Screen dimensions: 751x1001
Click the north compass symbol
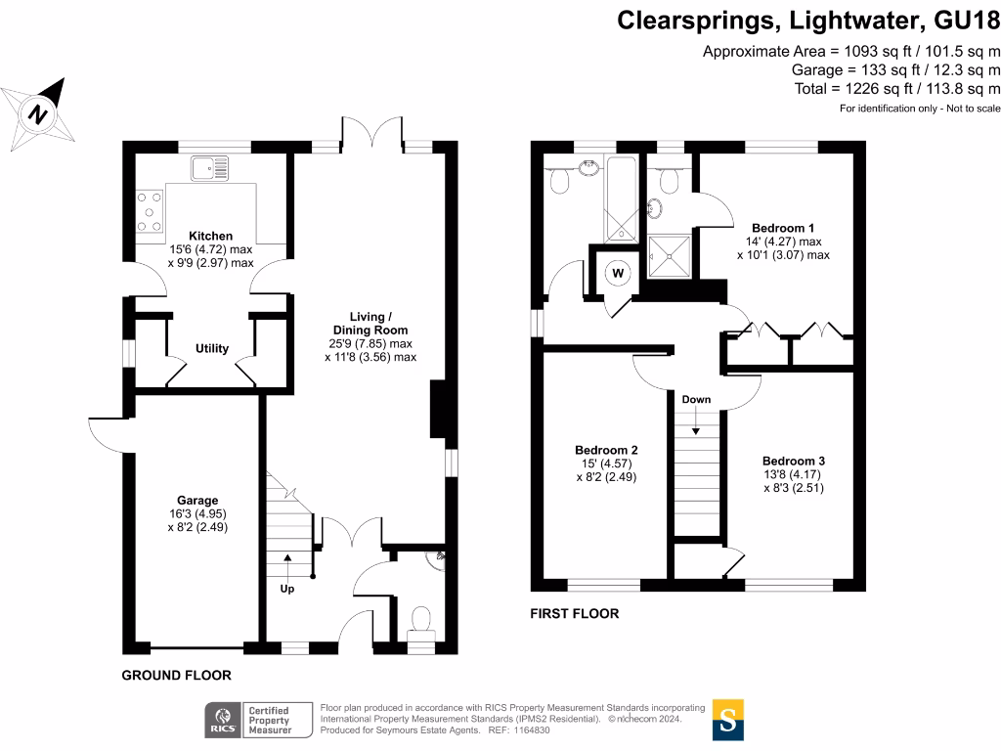point(38,111)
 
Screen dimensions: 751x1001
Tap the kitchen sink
point(210,169)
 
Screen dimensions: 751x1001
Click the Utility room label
point(212,349)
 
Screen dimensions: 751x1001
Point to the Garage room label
point(192,500)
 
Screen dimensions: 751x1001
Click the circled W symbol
point(618,273)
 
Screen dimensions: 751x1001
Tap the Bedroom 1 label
point(783,228)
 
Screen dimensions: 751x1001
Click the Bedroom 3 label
point(794,461)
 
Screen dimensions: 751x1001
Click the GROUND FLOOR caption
point(176,676)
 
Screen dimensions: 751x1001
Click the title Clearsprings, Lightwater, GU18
point(808,22)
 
